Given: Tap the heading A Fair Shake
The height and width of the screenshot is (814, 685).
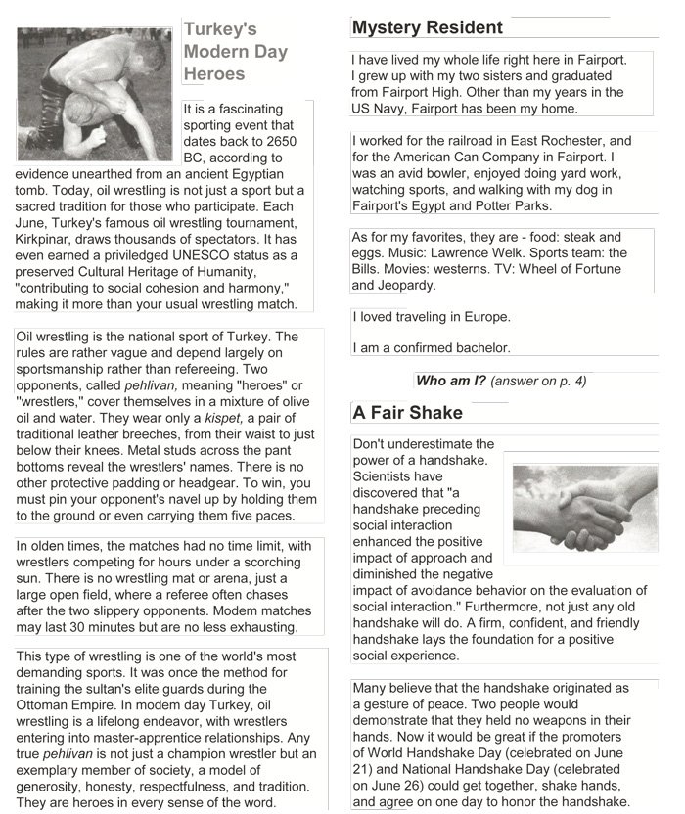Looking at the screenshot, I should (x=407, y=413).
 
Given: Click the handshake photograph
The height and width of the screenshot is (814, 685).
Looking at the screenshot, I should (x=584, y=508).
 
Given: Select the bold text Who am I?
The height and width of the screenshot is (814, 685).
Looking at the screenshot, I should (x=449, y=380).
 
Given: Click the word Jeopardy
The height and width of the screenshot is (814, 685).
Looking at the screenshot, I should (x=403, y=286).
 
